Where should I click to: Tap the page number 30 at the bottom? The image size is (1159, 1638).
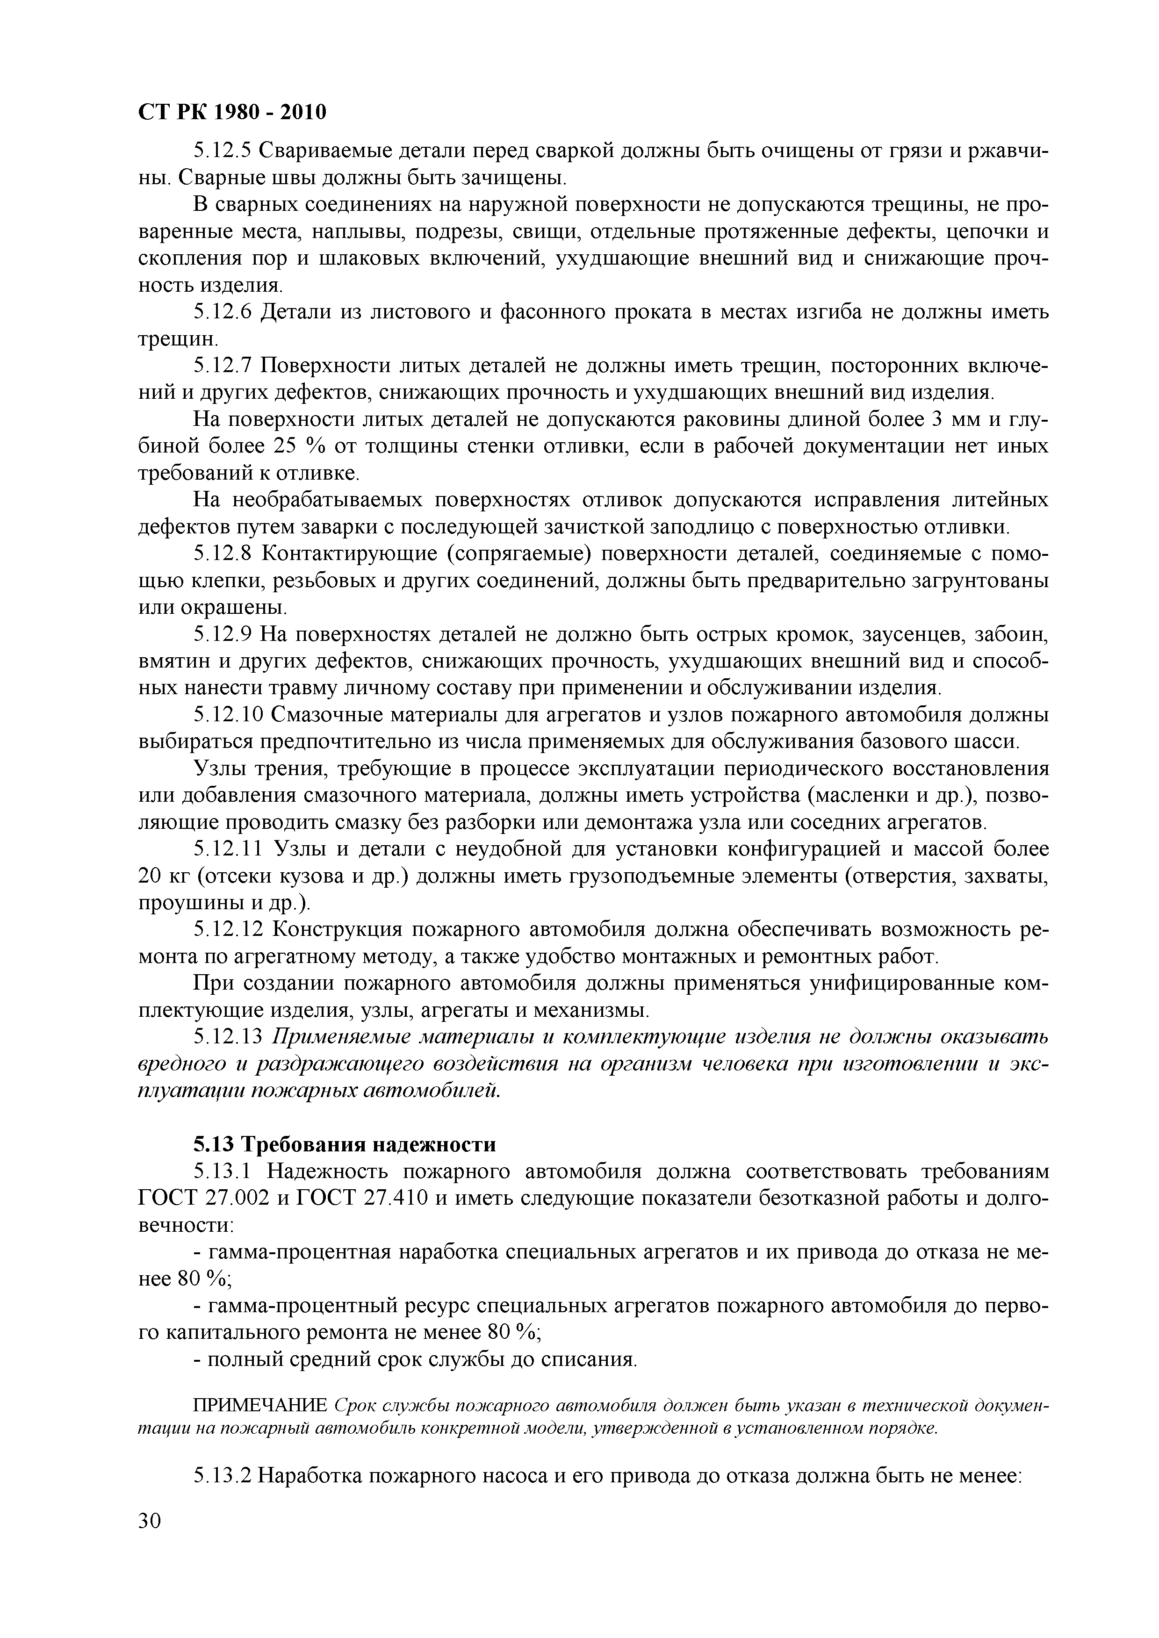click(150, 1540)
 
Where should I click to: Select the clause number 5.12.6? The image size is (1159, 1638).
click(222, 312)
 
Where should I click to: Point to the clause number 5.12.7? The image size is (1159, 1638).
click(222, 366)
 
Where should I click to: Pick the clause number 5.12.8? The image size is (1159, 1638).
click(222, 553)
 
